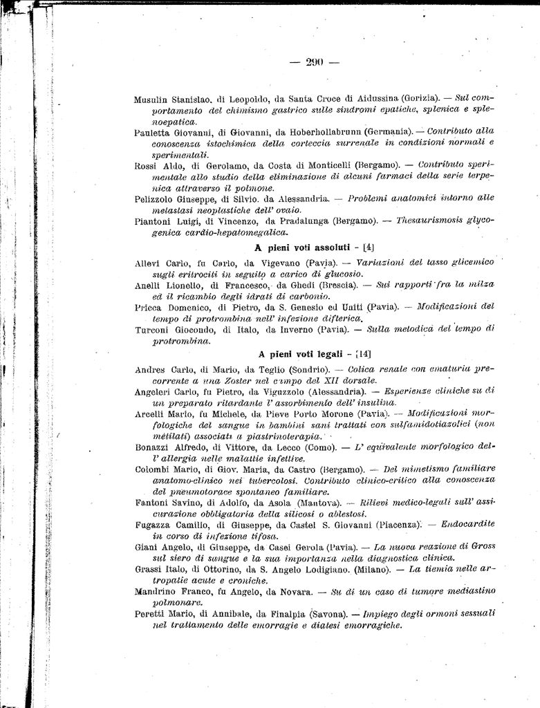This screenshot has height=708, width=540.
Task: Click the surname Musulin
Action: coord(153,99)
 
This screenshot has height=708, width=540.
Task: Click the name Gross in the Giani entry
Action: coord(481,546)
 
